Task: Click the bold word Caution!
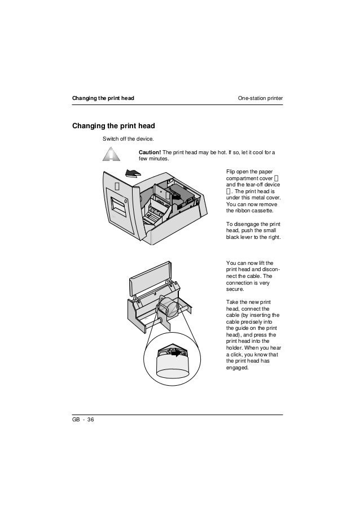[x=150, y=152]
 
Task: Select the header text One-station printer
[x=260, y=99]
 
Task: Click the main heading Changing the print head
[x=113, y=125]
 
